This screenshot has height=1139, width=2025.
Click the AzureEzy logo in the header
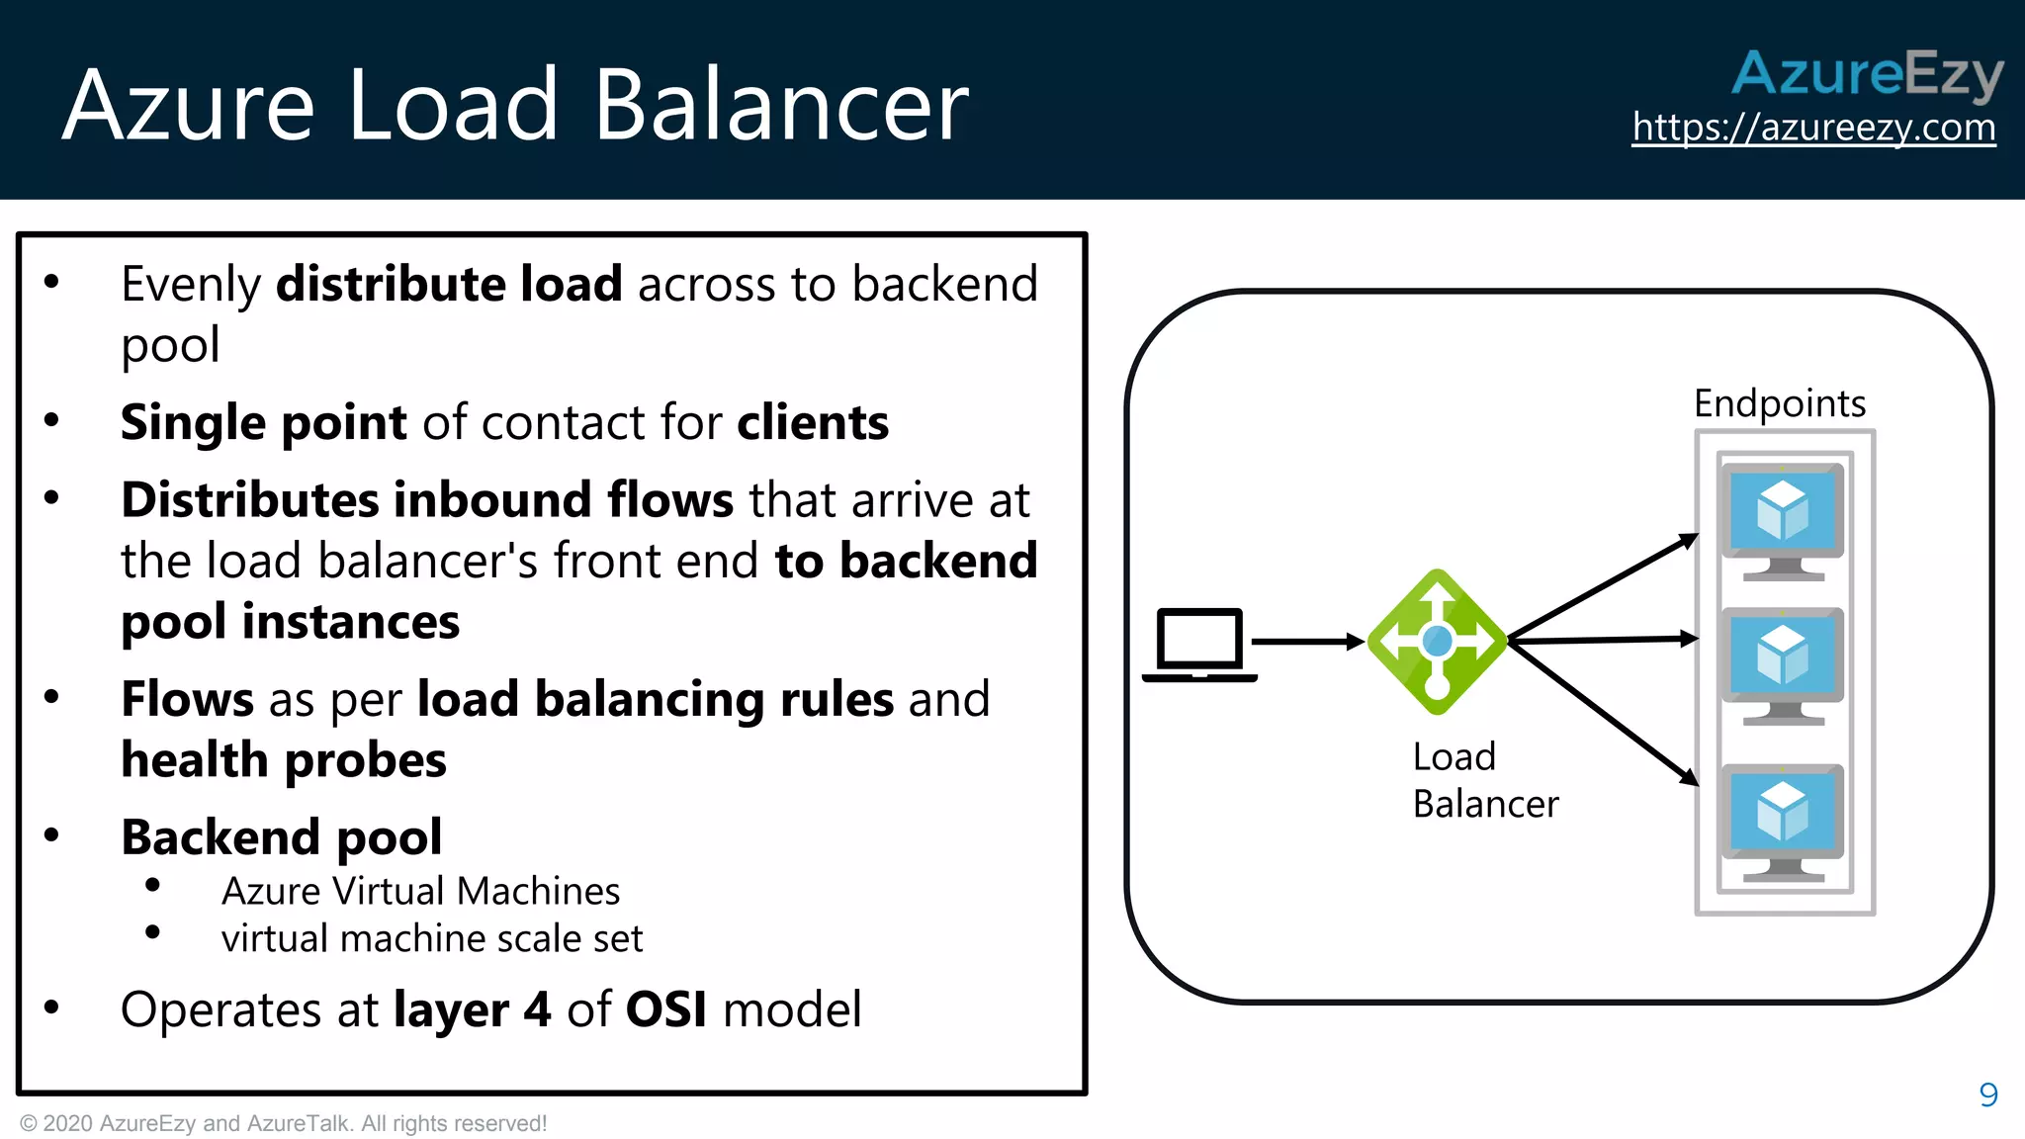click(1867, 73)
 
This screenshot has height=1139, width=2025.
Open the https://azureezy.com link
click(1813, 128)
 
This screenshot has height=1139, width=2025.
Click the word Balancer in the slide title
click(781, 105)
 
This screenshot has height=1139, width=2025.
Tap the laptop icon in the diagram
click(1199, 644)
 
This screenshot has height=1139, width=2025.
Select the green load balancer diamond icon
click(1437, 642)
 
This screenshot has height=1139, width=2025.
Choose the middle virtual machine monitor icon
click(1783, 662)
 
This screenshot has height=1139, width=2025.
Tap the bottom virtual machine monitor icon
click(1783, 820)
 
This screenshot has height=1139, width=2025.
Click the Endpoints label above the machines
click(1779, 403)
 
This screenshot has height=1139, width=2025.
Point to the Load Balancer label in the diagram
click(1484, 780)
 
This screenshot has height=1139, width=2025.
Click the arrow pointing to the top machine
click(1603, 587)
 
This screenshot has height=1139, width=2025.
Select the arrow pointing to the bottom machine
click(1603, 712)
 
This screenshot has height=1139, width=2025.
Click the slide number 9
click(1988, 1095)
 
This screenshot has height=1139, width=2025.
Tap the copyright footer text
click(283, 1123)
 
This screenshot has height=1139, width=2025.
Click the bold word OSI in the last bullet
click(666, 1009)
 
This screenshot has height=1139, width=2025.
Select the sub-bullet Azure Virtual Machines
click(420, 891)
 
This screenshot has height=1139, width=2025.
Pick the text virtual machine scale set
click(432, 938)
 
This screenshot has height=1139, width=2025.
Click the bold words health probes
click(284, 760)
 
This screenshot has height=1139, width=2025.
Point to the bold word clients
click(813, 422)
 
